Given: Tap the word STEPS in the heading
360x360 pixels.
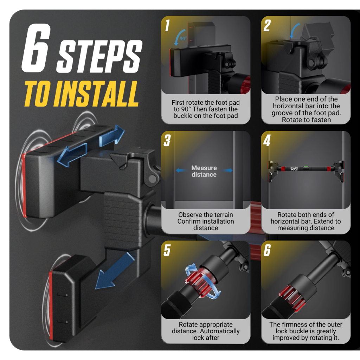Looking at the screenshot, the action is pos(99,57).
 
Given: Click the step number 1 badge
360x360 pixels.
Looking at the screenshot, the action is pos(167,25).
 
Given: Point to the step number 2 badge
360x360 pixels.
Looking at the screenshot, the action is pos(267,25).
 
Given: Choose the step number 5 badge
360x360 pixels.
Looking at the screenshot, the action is pos(167,250).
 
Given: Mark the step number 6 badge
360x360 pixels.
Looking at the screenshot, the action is pos(267,250).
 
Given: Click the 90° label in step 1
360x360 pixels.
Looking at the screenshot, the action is pos(183,38).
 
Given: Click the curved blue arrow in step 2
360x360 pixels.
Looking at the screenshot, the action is pos(294,31).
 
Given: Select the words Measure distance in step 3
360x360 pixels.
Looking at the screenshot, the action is pos(204,171).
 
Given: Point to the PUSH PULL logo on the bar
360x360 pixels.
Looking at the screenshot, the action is pos(294,169).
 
